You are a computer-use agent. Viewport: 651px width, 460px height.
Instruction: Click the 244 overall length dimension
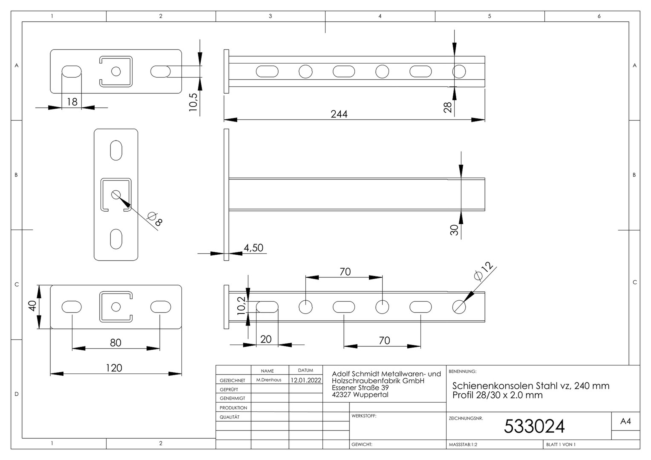pos(339,114)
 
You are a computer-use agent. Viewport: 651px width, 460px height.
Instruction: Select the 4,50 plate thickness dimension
pos(253,248)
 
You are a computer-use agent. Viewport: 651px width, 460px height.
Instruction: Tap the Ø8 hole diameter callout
pos(155,219)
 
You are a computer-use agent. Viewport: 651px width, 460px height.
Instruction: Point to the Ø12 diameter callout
pos(484,271)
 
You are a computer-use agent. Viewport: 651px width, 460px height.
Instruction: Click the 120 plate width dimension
pos(114,368)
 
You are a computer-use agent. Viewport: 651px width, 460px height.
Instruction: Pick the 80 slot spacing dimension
pos(115,343)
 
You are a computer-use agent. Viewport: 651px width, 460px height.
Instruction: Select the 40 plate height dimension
pos(32,306)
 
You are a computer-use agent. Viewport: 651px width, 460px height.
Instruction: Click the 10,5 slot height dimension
pos(193,102)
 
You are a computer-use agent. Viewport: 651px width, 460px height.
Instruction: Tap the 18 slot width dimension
pos(72,102)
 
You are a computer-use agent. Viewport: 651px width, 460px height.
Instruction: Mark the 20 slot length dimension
pos(265,339)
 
